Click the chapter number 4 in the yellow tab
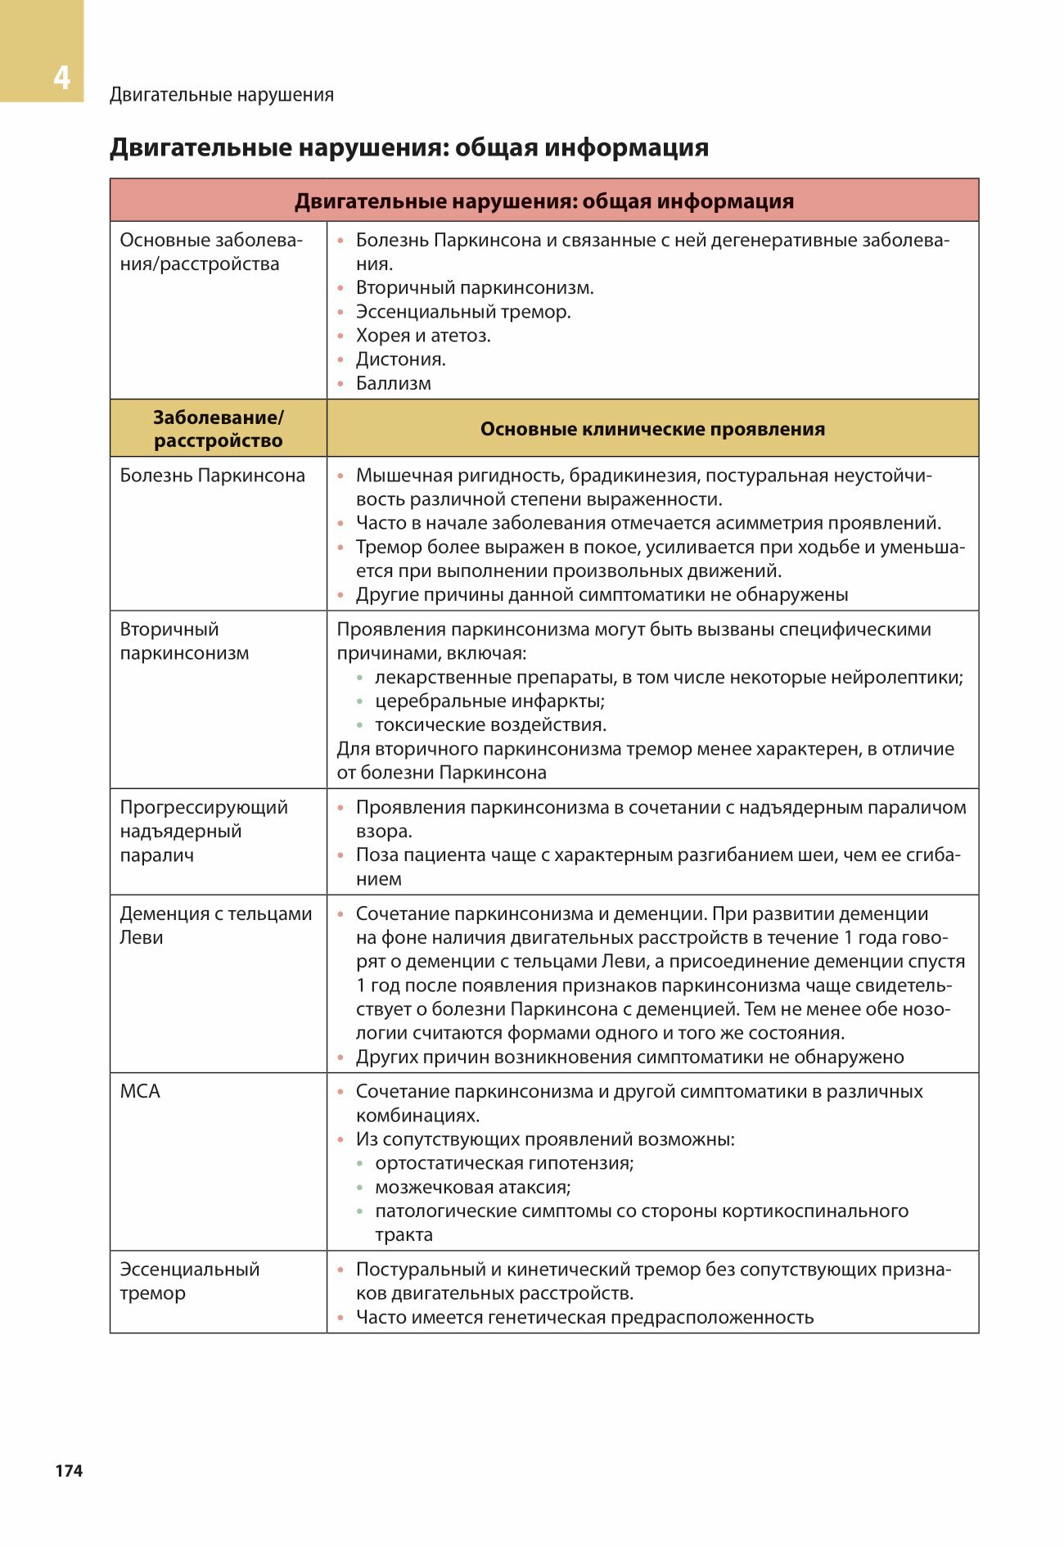61,78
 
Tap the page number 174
69,1470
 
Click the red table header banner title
544,201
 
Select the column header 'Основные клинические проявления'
652,429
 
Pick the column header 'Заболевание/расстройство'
219,429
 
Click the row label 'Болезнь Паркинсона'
212,476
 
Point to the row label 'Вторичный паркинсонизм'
184,641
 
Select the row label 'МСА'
140,1091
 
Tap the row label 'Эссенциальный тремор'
189,1281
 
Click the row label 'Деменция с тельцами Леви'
215,925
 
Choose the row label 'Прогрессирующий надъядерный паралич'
203,831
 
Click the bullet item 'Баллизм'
393,383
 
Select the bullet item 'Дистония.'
400,359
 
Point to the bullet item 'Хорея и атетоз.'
423,336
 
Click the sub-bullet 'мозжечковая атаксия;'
473,1187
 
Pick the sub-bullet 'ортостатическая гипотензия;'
504,1163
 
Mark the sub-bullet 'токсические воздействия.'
490,724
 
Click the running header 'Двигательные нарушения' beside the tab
222,95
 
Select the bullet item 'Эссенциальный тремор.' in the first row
463,312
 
